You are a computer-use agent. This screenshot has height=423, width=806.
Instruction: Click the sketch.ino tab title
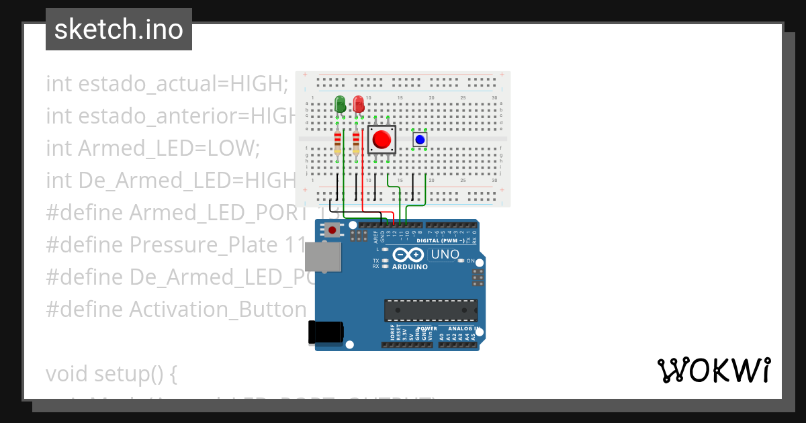(x=118, y=30)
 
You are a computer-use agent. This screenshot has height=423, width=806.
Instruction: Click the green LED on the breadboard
(x=340, y=104)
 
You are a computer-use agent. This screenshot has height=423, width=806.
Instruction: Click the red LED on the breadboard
(x=359, y=104)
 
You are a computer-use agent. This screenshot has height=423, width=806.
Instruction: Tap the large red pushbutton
(x=382, y=140)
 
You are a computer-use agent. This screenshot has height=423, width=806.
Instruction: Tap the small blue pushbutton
(x=420, y=139)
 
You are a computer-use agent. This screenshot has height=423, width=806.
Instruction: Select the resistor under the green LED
(x=337, y=142)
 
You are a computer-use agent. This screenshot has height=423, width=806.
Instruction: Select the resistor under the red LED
(x=356, y=142)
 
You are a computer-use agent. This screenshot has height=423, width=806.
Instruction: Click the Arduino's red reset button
(x=332, y=230)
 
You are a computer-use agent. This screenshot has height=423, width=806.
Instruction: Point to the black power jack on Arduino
(x=325, y=333)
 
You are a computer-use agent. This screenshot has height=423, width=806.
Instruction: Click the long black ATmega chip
(x=431, y=310)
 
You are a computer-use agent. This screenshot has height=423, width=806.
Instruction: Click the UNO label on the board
(x=445, y=254)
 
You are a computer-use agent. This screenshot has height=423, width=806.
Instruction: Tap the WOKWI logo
(x=713, y=370)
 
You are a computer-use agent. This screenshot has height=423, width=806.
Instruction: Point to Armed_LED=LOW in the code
(x=169, y=148)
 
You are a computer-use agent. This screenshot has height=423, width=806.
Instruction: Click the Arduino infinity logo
(x=408, y=255)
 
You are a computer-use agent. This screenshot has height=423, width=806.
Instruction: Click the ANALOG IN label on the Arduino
(x=460, y=329)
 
